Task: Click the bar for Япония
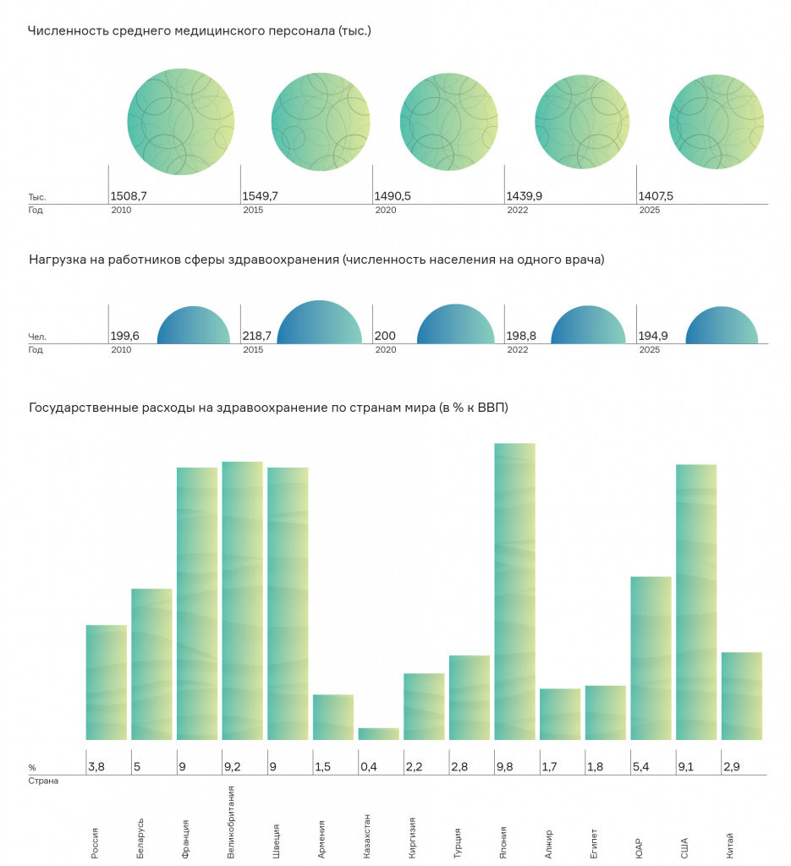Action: (515, 591)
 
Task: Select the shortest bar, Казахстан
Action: (378, 734)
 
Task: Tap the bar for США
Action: (696, 602)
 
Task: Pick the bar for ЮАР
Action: (651, 658)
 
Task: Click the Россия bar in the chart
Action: (107, 682)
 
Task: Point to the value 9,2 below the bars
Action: (233, 766)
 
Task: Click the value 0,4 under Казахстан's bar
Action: (369, 766)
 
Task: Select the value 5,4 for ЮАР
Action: (641, 766)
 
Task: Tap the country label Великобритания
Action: (231, 822)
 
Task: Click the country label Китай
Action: (730, 846)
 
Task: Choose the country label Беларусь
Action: (140, 838)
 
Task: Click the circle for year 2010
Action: (181, 122)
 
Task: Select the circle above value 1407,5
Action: (717, 122)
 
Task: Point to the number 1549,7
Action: (261, 196)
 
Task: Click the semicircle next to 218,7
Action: (319, 322)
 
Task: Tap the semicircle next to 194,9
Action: (722, 326)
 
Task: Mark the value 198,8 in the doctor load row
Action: (521, 336)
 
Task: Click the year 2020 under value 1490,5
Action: (386, 210)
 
